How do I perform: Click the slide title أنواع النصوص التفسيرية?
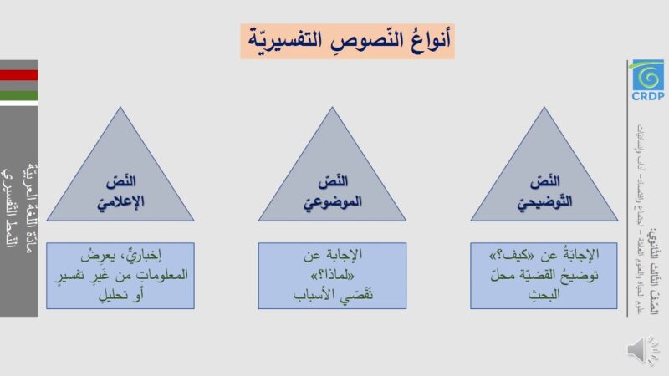(x=347, y=38)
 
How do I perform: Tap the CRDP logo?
(x=647, y=80)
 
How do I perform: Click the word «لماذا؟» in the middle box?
(x=333, y=274)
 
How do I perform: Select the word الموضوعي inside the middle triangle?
(x=332, y=201)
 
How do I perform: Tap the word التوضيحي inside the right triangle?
(x=544, y=201)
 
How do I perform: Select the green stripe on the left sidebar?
(x=18, y=95)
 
